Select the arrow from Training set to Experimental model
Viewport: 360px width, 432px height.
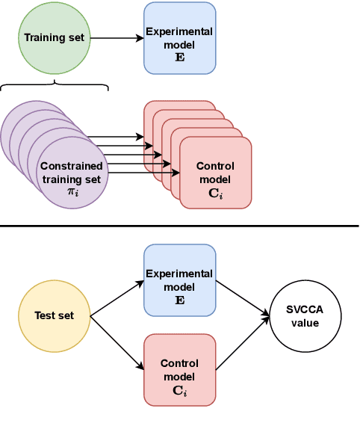point(116,37)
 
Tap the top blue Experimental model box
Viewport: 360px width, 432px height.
point(179,37)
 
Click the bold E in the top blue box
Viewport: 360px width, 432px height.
point(179,55)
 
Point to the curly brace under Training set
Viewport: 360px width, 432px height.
point(55,86)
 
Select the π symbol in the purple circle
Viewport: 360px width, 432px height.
point(72,192)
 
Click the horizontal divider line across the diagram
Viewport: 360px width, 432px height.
point(179,225)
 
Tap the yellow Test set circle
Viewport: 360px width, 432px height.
point(55,315)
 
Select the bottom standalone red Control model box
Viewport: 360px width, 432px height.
point(179,370)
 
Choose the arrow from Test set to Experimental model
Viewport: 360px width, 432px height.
point(117,298)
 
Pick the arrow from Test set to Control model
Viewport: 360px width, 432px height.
point(117,342)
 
